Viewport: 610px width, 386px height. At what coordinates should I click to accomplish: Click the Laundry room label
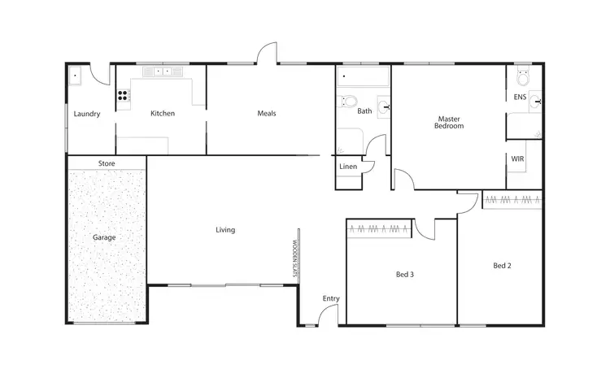[86, 114]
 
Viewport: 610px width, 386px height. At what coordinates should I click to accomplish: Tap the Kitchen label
[163, 114]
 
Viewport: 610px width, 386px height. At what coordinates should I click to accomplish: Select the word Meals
[266, 114]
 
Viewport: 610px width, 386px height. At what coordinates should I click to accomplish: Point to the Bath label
[364, 111]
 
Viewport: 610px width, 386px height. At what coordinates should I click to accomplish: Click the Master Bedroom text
[449, 122]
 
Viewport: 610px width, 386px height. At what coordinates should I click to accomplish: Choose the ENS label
[520, 98]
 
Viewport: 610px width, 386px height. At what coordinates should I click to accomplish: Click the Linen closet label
[347, 167]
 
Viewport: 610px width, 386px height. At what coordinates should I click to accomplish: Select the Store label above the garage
[107, 163]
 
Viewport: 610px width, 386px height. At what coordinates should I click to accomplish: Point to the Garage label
[104, 238]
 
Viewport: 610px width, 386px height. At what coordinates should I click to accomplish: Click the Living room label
[225, 230]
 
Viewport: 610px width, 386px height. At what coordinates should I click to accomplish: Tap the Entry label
[330, 298]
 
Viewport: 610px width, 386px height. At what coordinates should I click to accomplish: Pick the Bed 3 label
[405, 275]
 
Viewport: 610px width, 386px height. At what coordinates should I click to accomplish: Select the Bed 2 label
[503, 266]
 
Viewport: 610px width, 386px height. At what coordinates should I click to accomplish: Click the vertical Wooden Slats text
[296, 258]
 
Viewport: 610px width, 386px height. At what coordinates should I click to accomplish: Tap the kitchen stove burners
[123, 95]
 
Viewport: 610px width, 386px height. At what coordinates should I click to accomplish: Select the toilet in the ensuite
[522, 79]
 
